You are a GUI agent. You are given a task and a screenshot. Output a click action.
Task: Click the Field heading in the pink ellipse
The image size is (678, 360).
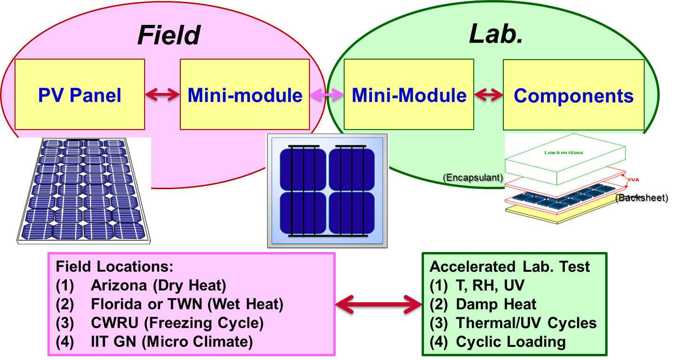(x=169, y=35)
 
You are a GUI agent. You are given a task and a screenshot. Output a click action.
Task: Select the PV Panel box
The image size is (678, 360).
(x=79, y=95)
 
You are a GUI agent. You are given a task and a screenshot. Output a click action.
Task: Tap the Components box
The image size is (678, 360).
(x=573, y=95)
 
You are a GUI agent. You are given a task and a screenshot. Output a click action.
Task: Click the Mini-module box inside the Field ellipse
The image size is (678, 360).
(x=245, y=95)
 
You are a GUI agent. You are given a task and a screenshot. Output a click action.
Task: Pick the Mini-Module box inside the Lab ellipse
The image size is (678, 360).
(x=409, y=95)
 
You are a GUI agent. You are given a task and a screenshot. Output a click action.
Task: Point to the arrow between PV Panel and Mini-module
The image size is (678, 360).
(x=162, y=95)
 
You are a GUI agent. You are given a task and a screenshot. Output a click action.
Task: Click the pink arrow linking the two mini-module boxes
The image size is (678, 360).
(x=327, y=95)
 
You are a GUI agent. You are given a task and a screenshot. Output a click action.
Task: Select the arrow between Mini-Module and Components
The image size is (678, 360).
(x=488, y=95)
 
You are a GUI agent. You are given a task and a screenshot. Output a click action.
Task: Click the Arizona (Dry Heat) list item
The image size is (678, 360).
(x=159, y=285)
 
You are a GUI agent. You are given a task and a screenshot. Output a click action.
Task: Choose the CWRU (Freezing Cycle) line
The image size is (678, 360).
(x=177, y=323)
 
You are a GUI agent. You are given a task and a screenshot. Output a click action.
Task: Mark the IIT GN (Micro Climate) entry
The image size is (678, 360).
(x=171, y=342)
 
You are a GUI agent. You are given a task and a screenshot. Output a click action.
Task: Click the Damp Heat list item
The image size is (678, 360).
(x=496, y=304)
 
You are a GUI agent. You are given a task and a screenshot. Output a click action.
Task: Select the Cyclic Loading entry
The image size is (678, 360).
(x=510, y=342)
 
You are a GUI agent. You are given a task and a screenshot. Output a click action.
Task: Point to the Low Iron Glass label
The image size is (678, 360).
(x=563, y=153)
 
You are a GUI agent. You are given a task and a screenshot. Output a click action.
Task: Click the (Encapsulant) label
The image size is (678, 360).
(x=473, y=178)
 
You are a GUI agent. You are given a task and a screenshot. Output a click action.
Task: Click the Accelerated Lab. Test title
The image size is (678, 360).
(x=509, y=267)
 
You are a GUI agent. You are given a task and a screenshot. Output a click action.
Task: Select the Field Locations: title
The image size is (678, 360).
(x=115, y=267)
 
